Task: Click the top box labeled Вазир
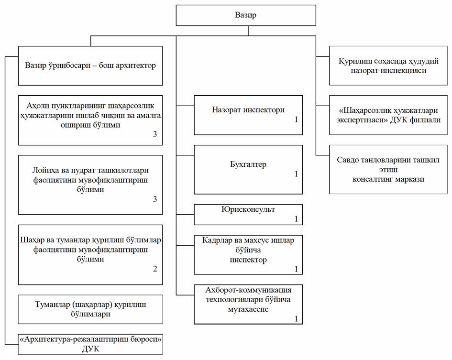(246, 15)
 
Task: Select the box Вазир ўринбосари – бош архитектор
(90, 65)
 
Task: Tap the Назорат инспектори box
(248, 115)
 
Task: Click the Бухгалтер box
(248, 169)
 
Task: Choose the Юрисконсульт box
(248, 215)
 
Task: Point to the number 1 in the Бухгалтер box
(296, 174)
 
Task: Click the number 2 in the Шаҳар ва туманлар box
(155, 269)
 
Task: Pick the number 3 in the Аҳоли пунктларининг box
(155, 134)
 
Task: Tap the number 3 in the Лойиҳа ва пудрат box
(155, 199)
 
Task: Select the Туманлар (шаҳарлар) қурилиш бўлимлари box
(90, 309)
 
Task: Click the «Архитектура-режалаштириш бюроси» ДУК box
(90, 344)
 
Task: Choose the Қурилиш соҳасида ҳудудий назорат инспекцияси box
(388, 65)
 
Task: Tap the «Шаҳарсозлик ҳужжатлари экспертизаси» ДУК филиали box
(388, 115)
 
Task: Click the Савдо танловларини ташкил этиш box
(388, 169)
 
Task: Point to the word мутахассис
(248, 309)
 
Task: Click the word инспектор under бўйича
(248, 260)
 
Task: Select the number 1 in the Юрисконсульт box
(296, 219)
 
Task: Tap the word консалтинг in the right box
(371, 179)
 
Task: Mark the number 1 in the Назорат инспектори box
(296, 120)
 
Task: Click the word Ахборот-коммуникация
(248, 290)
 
